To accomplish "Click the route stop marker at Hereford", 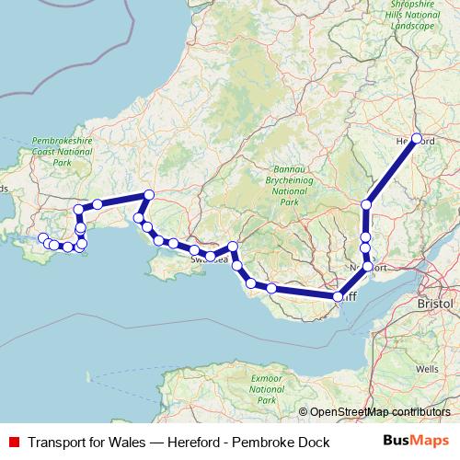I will coord(416,139).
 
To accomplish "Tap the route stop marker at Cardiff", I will coord(339,296).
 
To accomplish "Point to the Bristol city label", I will coord(434,303).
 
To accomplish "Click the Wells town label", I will coord(427,368).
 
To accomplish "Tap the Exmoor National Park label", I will coord(268,387).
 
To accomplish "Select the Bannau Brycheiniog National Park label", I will coord(289,185).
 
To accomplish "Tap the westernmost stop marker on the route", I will coord(42,238).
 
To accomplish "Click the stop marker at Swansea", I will coord(211,256).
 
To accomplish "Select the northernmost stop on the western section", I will coord(148,194).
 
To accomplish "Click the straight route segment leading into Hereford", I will coord(392,171).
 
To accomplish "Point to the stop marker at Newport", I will coord(368,266).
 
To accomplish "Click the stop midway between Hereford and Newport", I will coord(366,204).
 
